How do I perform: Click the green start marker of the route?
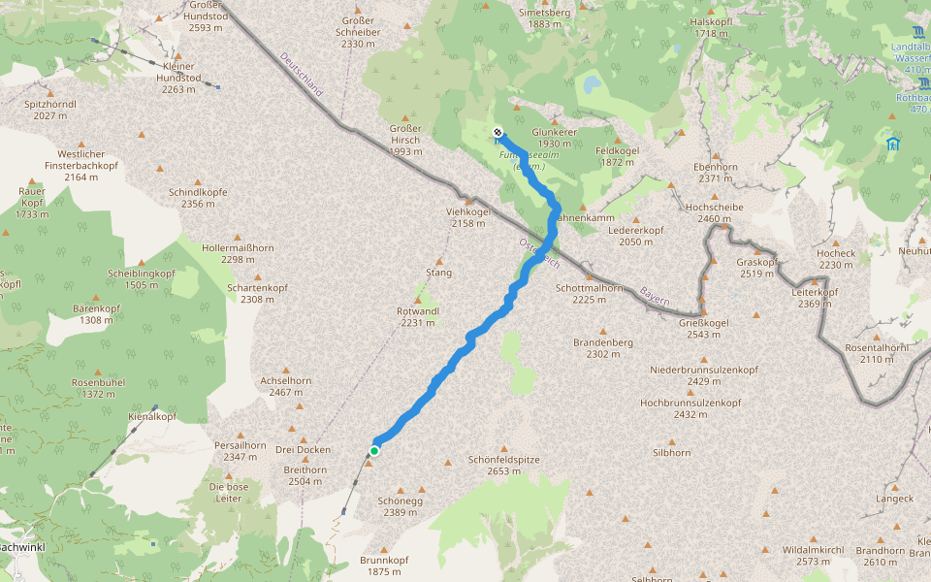pos(373,450)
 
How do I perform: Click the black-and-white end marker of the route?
pos(498,132)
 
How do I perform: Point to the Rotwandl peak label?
pos(418,316)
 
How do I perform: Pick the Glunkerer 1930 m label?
pos(556,138)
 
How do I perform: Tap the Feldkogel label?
pos(617,156)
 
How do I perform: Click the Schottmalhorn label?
pos(589,293)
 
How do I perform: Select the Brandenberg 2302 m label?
pos(602,348)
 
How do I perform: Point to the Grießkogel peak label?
pos(703,328)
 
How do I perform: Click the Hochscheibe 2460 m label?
pos(714,212)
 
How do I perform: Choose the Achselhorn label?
pos(286,386)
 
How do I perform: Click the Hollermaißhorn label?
pos(238,253)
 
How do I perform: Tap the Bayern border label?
pos(655,296)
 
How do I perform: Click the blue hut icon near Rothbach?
pos(891,144)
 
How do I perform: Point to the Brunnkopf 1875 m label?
pos(384,566)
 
